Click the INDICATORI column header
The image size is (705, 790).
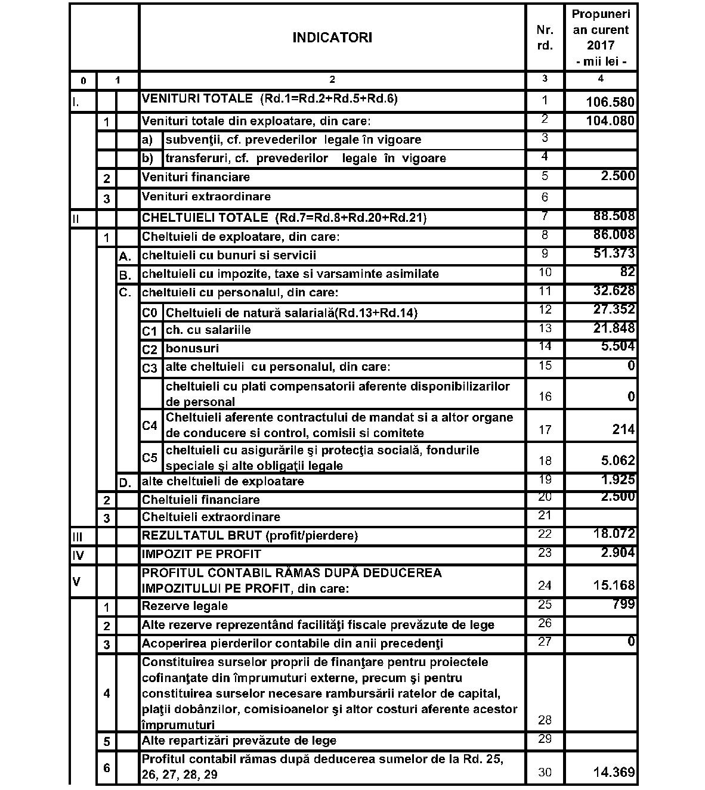(x=332, y=38)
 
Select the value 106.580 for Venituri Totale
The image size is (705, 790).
(x=610, y=103)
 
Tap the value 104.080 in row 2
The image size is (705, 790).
(x=610, y=121)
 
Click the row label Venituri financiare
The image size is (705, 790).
(x=196, y=177)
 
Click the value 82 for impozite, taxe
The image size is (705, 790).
(x=627, y=272)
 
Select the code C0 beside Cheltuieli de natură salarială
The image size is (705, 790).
(x=150, y=313)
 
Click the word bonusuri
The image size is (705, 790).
(x=192, y=348)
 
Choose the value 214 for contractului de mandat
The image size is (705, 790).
(x=623, y=429)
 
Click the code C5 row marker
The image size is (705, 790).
(x=150, y=458)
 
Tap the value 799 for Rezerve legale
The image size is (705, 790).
(x=623, y=605)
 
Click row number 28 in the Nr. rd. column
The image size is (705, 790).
(x=545, y=720)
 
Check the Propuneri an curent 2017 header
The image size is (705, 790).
(x=601, y=37)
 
